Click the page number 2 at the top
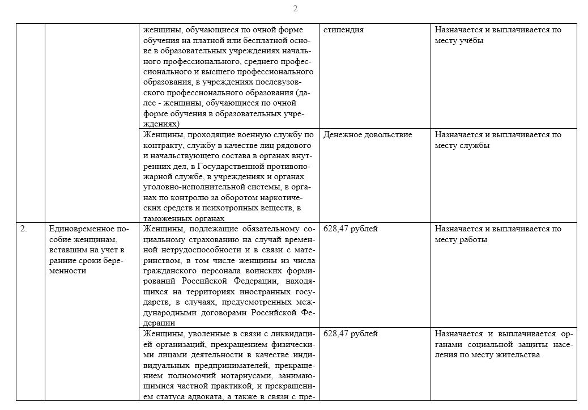coord(295,8)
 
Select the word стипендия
coord(343,29)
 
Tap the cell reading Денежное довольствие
coord(368,134)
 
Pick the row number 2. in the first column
coord(23,229)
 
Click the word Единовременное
coord(79,229)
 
